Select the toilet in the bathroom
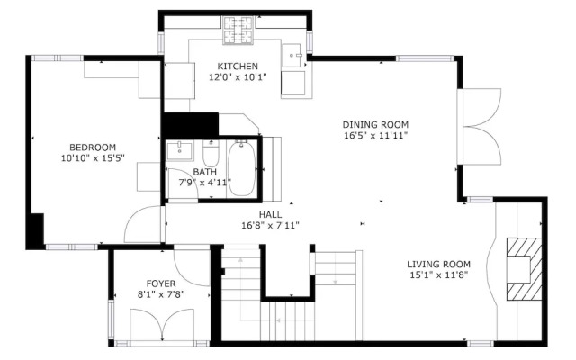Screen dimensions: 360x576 211,152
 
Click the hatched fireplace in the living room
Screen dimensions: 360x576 519,268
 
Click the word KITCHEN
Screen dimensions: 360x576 237,67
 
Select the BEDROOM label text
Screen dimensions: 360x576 94,148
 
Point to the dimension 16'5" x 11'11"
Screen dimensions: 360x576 375,137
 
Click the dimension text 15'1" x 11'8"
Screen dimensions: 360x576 439,274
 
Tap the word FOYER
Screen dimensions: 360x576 164,282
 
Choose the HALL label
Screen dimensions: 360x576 270,214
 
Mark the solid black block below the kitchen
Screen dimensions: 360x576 190,123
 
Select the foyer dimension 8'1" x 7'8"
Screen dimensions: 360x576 164,292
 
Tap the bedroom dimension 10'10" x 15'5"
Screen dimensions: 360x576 93,158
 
